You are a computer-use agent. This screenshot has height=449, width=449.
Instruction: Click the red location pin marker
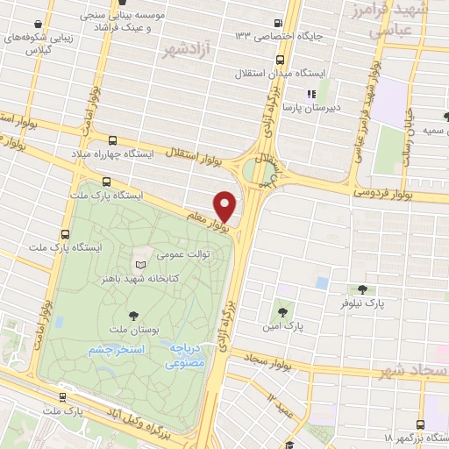pyautogui.click(x=225, y=206)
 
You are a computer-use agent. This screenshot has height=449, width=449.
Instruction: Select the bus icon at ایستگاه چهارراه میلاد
pyautogui.click(x=111, y=139)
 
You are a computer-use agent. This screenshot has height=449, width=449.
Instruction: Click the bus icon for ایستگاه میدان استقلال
pyautogui.click(x=280, y=60)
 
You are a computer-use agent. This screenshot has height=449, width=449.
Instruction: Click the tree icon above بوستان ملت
pyautogui.click(x=132, y=315)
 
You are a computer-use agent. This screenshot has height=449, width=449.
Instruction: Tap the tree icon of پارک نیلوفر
pyautogui.click(x=362, y=289)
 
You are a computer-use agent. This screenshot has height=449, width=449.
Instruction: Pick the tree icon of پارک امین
pyautogui.click(x=282, y=310)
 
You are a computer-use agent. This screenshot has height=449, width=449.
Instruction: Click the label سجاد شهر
pyautogui.click(x=412, y=372)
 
